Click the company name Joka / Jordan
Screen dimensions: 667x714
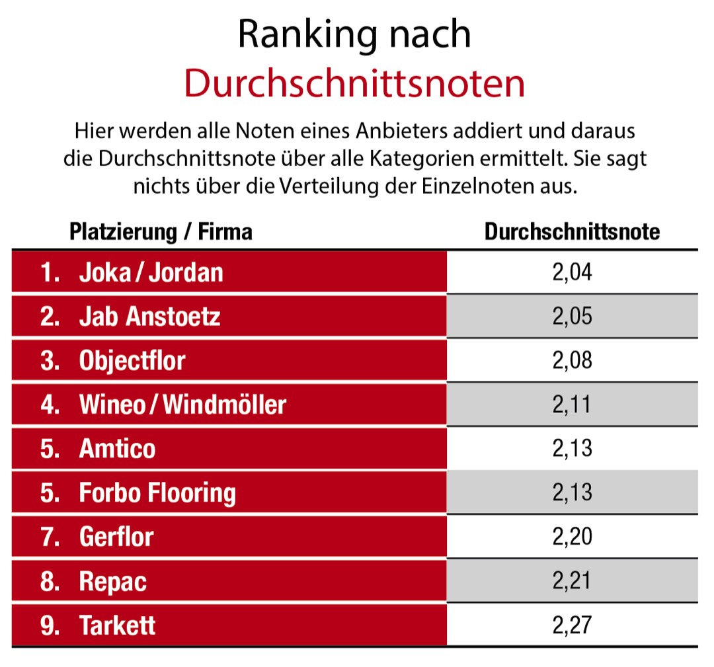pos(151,272)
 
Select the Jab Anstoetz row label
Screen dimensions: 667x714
pos(149,317)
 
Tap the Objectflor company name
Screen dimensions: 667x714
pos(132,361)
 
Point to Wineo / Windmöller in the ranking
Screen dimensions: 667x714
pos(182,405)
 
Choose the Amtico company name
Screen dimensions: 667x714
pos(118,449)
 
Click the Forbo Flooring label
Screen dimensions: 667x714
pos(157,493)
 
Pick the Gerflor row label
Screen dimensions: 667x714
pos(116,537)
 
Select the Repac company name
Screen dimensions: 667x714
pos(113,581)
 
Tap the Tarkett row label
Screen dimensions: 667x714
pos(118,625)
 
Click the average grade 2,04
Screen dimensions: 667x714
pos(572,272)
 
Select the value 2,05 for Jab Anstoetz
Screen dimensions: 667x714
pos(572,317)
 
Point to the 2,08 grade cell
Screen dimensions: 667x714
pos(572,361)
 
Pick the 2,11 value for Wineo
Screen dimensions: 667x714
pos(572,405)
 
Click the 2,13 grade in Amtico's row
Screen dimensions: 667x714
pos(572,449)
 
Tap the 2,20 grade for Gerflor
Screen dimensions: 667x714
pos(572,537)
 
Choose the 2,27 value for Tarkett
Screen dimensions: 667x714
pos(572,625)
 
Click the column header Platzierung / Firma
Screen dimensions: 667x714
pos(161,232)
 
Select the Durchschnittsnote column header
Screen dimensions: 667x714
pos(572,232)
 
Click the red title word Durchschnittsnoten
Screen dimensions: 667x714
pos(354,84)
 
